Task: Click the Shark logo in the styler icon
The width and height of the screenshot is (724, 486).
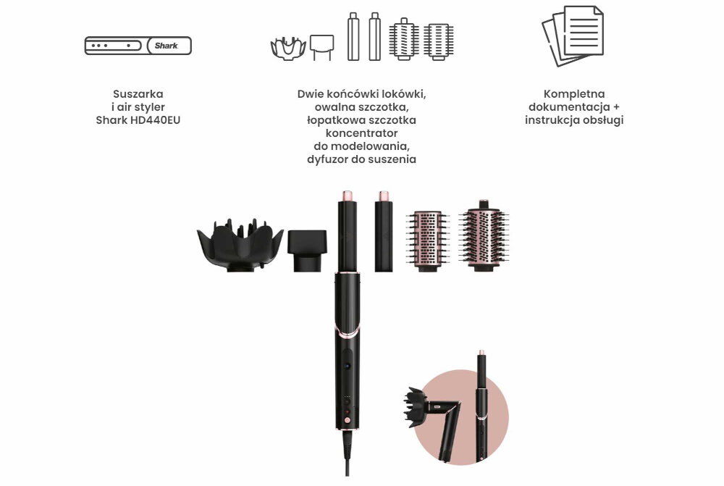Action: point(166,46)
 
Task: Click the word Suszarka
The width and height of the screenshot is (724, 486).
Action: point(138,93)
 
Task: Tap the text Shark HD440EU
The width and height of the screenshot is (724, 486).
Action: point(138,120)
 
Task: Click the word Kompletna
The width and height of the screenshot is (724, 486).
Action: point(574,93)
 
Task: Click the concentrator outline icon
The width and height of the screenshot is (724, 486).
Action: point(321,47)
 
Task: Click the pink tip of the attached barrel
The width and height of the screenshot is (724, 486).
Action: point(345,196)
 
